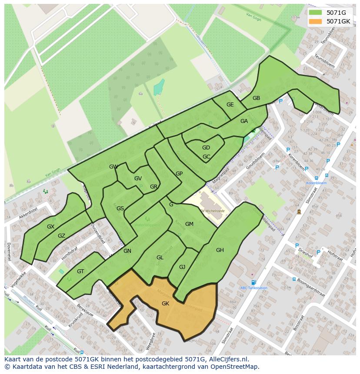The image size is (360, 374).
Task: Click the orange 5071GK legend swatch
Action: point(316,21)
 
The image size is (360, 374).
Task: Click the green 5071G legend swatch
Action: point(316,13)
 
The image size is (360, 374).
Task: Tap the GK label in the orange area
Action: point(165,304)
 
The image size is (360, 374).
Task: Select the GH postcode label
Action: point(220,250)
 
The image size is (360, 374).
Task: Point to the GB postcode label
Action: point(256,98)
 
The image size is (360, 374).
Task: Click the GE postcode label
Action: point(230,105)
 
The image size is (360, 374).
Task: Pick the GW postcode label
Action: point(113,167)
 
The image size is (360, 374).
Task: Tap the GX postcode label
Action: point(51,227)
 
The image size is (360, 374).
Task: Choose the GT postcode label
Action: point(80,271)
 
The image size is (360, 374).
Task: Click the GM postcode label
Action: point(189,224)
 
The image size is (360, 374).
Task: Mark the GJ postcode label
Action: point(182,267)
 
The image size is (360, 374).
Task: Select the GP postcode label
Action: point(179,174)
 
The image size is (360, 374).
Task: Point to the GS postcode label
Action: point(120,209)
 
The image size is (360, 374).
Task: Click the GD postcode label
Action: point(206,148)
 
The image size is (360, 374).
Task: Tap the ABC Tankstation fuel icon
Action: point(253,282)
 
